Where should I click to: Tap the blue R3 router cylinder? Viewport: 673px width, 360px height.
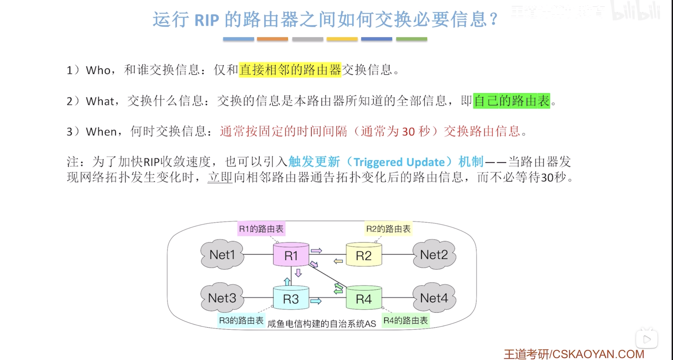pos(291,298)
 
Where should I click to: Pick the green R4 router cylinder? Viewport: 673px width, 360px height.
pos(364,298)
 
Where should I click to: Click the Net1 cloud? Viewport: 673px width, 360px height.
pos(222,254)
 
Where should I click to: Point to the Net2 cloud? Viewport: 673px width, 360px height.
pos(434,254)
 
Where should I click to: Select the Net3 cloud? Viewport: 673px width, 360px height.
pos(222,298)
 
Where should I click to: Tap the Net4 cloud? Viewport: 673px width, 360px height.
pos(434,298)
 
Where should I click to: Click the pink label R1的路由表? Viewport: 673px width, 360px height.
pos(261,229)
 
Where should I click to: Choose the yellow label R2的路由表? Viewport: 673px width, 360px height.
pos(388,229)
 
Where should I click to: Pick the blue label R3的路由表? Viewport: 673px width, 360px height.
pos(241,320)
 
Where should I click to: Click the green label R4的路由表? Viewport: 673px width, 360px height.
pos(405,320)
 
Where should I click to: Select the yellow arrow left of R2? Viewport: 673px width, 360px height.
pos(338,261)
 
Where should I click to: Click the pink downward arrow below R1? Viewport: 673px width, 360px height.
pos(298,273)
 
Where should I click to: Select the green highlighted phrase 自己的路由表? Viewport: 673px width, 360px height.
pos(512,101)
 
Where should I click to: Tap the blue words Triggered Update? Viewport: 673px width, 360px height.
pos(399,162)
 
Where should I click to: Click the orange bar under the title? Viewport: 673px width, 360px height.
pos(272,39)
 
